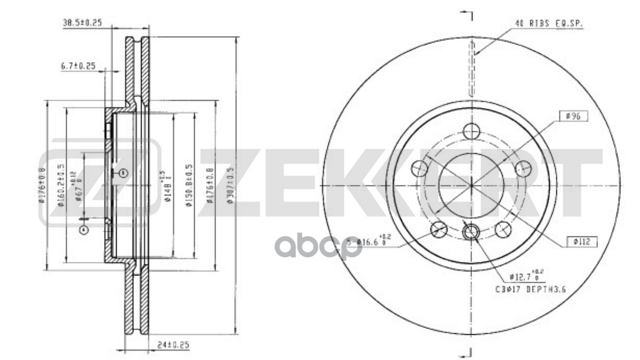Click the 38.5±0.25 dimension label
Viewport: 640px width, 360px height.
point(82,22)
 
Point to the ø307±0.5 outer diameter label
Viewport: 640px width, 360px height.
point(229,186)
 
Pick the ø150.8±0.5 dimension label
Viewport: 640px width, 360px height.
point(189,186)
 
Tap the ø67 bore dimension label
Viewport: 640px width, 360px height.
point(77,185)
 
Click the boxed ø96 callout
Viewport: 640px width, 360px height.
point(575,116)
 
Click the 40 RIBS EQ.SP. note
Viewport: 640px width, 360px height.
point(549,23)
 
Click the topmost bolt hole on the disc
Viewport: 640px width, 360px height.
point(471,131)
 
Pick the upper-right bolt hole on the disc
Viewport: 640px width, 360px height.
point(522,168)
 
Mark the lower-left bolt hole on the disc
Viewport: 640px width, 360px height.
point(438,229)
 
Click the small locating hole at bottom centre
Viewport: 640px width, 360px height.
point(471,231)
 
